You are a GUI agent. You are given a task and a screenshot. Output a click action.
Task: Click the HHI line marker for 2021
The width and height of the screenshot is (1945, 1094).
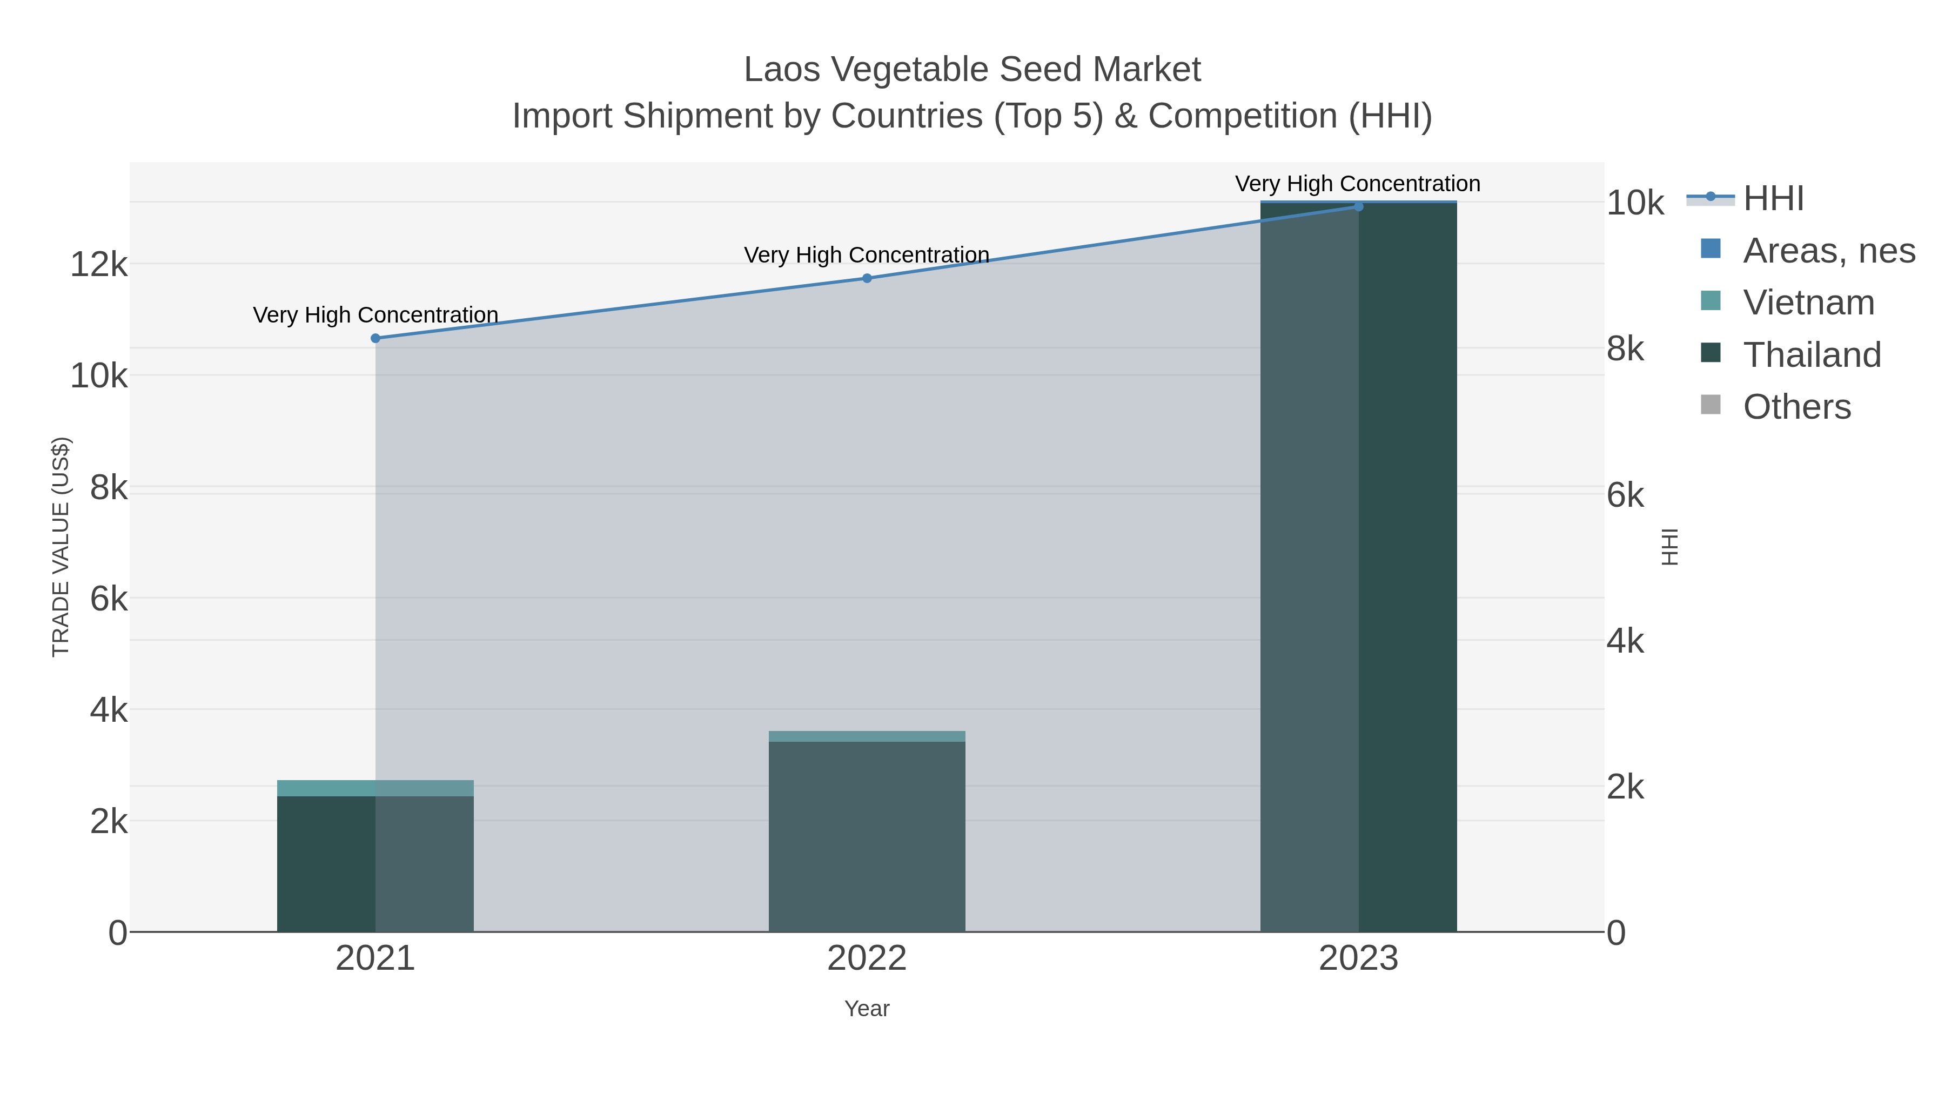375,338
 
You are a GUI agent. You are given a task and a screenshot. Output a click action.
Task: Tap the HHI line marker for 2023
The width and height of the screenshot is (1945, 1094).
1358,207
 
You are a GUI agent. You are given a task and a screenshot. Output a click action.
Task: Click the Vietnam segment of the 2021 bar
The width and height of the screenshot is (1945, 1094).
375,788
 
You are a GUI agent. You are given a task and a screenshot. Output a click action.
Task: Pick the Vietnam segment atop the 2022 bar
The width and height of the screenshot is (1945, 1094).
867,736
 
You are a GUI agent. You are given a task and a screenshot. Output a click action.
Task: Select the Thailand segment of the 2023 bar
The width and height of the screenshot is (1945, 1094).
1358,566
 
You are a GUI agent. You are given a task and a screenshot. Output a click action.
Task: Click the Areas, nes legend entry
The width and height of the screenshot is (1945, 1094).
1828,251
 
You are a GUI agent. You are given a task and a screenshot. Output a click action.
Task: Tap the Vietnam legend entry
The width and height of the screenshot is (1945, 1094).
1808,303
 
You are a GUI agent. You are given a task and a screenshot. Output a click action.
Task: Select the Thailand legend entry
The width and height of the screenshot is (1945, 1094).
1812,355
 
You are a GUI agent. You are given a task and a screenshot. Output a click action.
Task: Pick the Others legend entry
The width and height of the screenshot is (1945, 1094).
1796,407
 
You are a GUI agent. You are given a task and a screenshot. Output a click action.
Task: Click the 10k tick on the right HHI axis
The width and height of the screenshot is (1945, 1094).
1635,203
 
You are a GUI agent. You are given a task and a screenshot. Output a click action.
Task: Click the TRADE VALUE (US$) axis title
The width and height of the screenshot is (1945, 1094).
61,547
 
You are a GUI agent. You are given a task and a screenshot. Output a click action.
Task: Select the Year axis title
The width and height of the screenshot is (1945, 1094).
867,1009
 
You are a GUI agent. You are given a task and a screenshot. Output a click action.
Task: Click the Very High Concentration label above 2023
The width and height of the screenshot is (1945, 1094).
1358,184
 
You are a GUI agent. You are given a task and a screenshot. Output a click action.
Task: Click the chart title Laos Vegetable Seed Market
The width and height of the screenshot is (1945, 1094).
972,70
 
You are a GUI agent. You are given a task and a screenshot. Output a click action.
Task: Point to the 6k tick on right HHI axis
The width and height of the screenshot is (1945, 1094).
1625,495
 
